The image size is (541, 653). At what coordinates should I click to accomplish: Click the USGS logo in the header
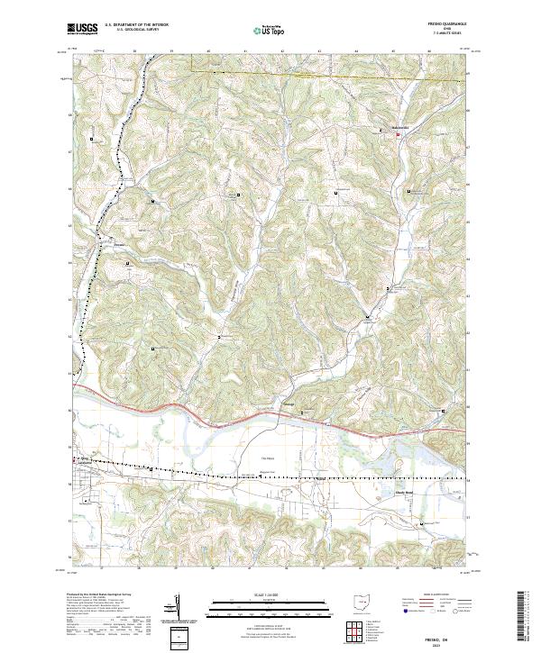(x=82, y=30)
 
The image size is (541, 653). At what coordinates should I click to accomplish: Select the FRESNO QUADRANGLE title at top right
(x=445, y=25)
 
